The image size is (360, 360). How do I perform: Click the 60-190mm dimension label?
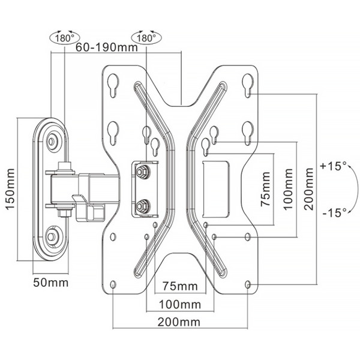(107, 47)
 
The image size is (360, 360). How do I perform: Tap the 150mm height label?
(11, 189)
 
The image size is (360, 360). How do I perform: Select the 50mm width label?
(51, 283)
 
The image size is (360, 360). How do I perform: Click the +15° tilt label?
(334, 166)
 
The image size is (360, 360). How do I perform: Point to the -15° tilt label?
(335, 212)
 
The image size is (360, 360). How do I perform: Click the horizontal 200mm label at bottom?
(179, 322)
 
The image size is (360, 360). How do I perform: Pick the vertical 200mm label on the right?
(309, 189)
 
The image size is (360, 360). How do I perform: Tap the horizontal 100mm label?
(180, 305)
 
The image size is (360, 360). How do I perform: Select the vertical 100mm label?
(288, 189)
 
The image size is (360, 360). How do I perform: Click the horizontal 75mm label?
(180, 286)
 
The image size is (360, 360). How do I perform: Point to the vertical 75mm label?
(265, 189)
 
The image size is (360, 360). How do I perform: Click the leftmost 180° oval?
(65, 38)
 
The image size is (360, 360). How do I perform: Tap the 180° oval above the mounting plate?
(146, 38)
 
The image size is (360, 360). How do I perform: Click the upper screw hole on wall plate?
(52, 141)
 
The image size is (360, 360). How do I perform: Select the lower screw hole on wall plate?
(52, 237)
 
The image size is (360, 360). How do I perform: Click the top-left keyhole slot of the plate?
(113, 85)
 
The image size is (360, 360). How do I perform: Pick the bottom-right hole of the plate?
(248, 284)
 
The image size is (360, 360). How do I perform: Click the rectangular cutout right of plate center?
(215, 189)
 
